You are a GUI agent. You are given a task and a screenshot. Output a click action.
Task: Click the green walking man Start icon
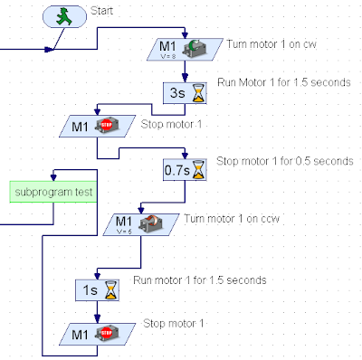point(64,16)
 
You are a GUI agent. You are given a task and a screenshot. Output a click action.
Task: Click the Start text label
point(101,11)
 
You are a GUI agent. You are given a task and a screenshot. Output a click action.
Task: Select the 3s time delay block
point(185,93)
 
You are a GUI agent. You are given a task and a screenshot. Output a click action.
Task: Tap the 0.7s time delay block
point(185,170)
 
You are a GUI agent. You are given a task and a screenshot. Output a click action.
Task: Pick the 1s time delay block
point(97,290)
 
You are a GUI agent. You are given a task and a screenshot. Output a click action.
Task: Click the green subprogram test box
point(53,192)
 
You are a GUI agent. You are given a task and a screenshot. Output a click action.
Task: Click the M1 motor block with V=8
point(185,50)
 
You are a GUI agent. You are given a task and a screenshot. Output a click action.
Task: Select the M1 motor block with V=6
point(141,224)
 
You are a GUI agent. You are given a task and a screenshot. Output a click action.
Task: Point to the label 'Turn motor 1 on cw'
point(271,44)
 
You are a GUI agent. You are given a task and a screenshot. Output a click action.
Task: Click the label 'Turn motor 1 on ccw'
point(232,219)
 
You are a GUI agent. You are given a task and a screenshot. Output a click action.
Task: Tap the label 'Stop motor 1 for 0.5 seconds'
point(284,161)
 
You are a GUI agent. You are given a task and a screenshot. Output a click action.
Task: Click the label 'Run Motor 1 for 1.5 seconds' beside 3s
point(284,82)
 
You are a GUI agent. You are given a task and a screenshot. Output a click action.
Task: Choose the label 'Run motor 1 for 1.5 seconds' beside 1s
point(200,280)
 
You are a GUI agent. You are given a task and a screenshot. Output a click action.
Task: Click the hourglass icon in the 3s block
point(199,93)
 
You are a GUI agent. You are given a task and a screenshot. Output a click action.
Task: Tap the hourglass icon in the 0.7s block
point(199,170)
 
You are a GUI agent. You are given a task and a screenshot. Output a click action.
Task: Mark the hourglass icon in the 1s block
point(111,290)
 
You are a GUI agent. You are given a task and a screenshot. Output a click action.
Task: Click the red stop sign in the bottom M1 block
point(106,333)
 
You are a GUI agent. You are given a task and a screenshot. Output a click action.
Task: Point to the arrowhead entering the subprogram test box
point(53,177)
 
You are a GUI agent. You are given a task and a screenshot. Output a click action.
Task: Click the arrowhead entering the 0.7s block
point(185,156)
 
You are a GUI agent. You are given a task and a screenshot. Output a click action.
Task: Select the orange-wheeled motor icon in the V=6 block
point(151,223)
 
